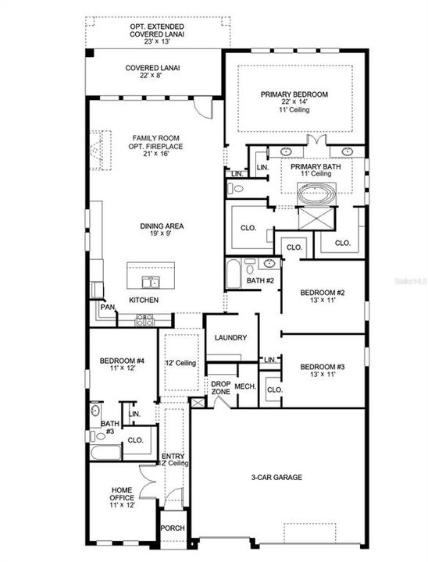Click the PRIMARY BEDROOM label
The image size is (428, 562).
pos(294,94)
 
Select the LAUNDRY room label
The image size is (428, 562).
pos(231,338)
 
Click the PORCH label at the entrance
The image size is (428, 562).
pos(173,528)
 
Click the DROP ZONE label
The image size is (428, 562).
pos(219,387)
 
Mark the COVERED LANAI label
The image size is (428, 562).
pos(152,68)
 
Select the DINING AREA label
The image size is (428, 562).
pos(162,226)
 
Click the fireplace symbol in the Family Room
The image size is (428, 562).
pos(97,149)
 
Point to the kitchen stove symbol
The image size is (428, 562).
pos(145,319)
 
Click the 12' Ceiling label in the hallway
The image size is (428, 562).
pos(180,363)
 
